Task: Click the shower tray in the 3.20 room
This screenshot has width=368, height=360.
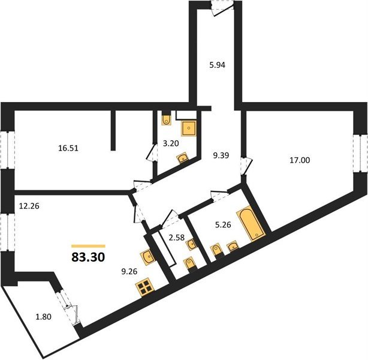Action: (190, 127)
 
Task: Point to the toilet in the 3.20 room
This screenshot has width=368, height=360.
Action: (167, 118)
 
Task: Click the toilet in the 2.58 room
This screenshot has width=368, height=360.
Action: (190, 265)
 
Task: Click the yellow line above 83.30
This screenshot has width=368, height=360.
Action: (88, 246)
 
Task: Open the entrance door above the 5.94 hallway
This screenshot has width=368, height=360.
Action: (222, 7)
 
